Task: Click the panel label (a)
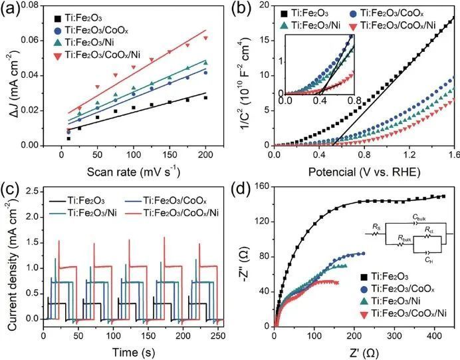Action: [x=12, y=9]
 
